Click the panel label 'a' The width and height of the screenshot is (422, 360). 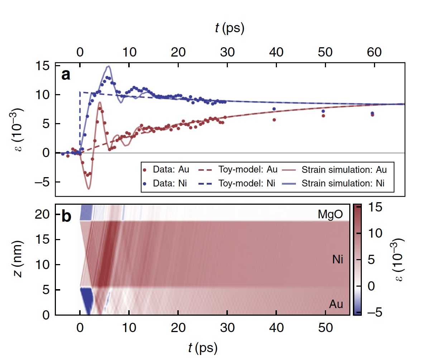(x=66, y=75)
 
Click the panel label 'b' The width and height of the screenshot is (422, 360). (x=67, y=217)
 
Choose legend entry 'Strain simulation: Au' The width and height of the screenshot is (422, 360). (x=339, y=168)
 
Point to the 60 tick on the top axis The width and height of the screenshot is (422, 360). (x=374, y=52)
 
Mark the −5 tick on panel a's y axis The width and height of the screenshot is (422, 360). (x=42, y=182)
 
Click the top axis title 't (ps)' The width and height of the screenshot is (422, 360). (x=230, y=29)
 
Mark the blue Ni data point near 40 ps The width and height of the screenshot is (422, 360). (x=274, y=109)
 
